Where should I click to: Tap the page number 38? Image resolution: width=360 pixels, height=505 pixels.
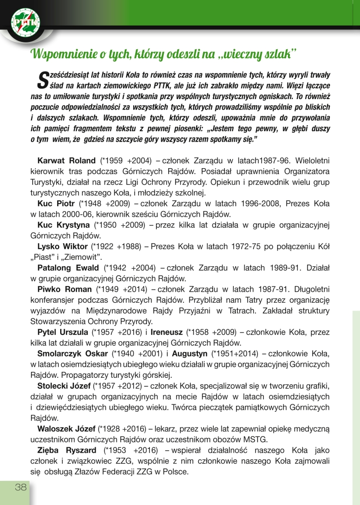pyautogui.click(x=20, y=487)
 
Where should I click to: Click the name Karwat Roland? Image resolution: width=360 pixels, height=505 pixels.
pyautogui.click(x=67, y=161)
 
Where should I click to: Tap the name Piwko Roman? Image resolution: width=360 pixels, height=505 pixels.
pyautogui.click(x=65, y=289)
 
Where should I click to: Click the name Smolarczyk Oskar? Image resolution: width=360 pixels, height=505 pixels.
pyautogui.click(x=73, y=354)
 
